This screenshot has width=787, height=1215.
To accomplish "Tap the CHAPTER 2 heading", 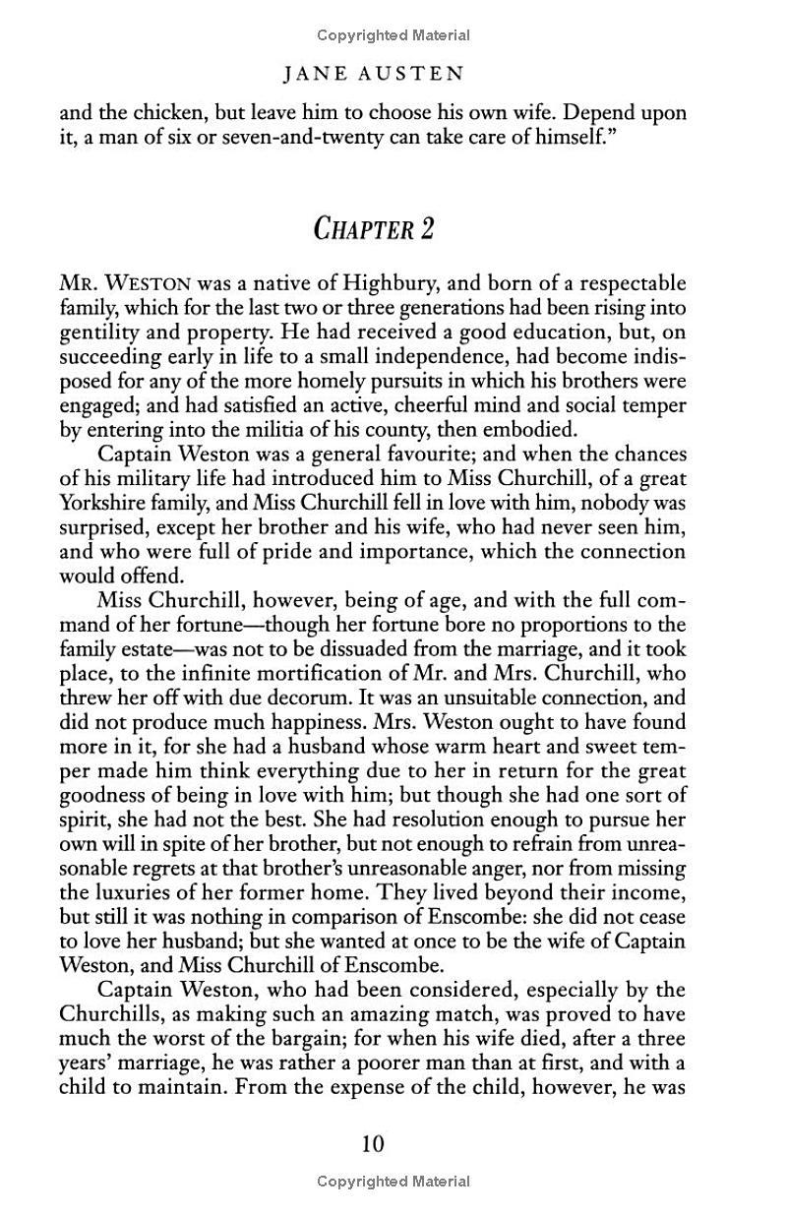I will coord(374,228).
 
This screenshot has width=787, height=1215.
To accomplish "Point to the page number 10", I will coord(373,1143).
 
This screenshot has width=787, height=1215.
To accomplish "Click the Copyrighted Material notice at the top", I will coord(393,35).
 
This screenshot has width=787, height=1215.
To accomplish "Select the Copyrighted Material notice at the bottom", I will coord(393,1181).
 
